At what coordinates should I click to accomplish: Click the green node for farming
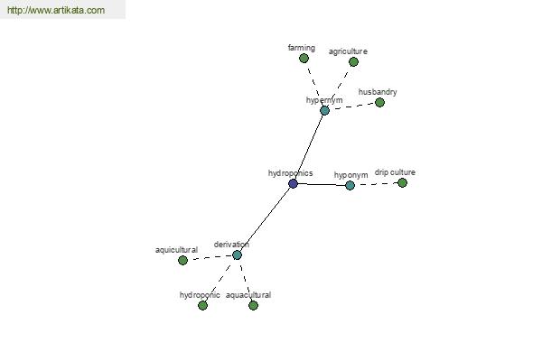click(x=304, y=59)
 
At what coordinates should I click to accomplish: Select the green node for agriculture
click(x=353, y=62)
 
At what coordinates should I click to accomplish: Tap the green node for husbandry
click(x=379, y=102)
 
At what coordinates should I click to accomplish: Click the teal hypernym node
click(x=324, y=110)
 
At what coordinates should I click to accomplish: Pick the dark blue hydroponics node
click(x=293, y=183)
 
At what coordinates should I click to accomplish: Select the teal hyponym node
click(x=350, y=186)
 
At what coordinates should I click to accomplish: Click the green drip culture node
click(x=402, y=182)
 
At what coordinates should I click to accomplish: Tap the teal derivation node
click(x=237, y=255)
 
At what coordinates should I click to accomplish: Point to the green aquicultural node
click(x=182, y=260)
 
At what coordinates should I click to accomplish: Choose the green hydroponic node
click(x=202, y=305)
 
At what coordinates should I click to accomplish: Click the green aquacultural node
click(x=253, y=305)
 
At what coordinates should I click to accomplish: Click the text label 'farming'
click(x=302, y=48)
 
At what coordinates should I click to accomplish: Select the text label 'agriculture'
click(x=348, y=51)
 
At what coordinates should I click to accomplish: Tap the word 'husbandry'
click(x=378, y=92)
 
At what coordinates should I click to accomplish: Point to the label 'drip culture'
click(x=395, y=172)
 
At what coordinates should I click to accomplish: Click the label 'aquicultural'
click(x=176, y=250)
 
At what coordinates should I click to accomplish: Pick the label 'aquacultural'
click(x=248, y=295)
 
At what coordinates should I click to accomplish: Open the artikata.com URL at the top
click(x=56, y=10)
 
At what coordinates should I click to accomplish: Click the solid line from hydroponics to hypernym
click(x=309, y=147)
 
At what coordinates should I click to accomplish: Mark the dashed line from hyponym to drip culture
click(x=376, y=184)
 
